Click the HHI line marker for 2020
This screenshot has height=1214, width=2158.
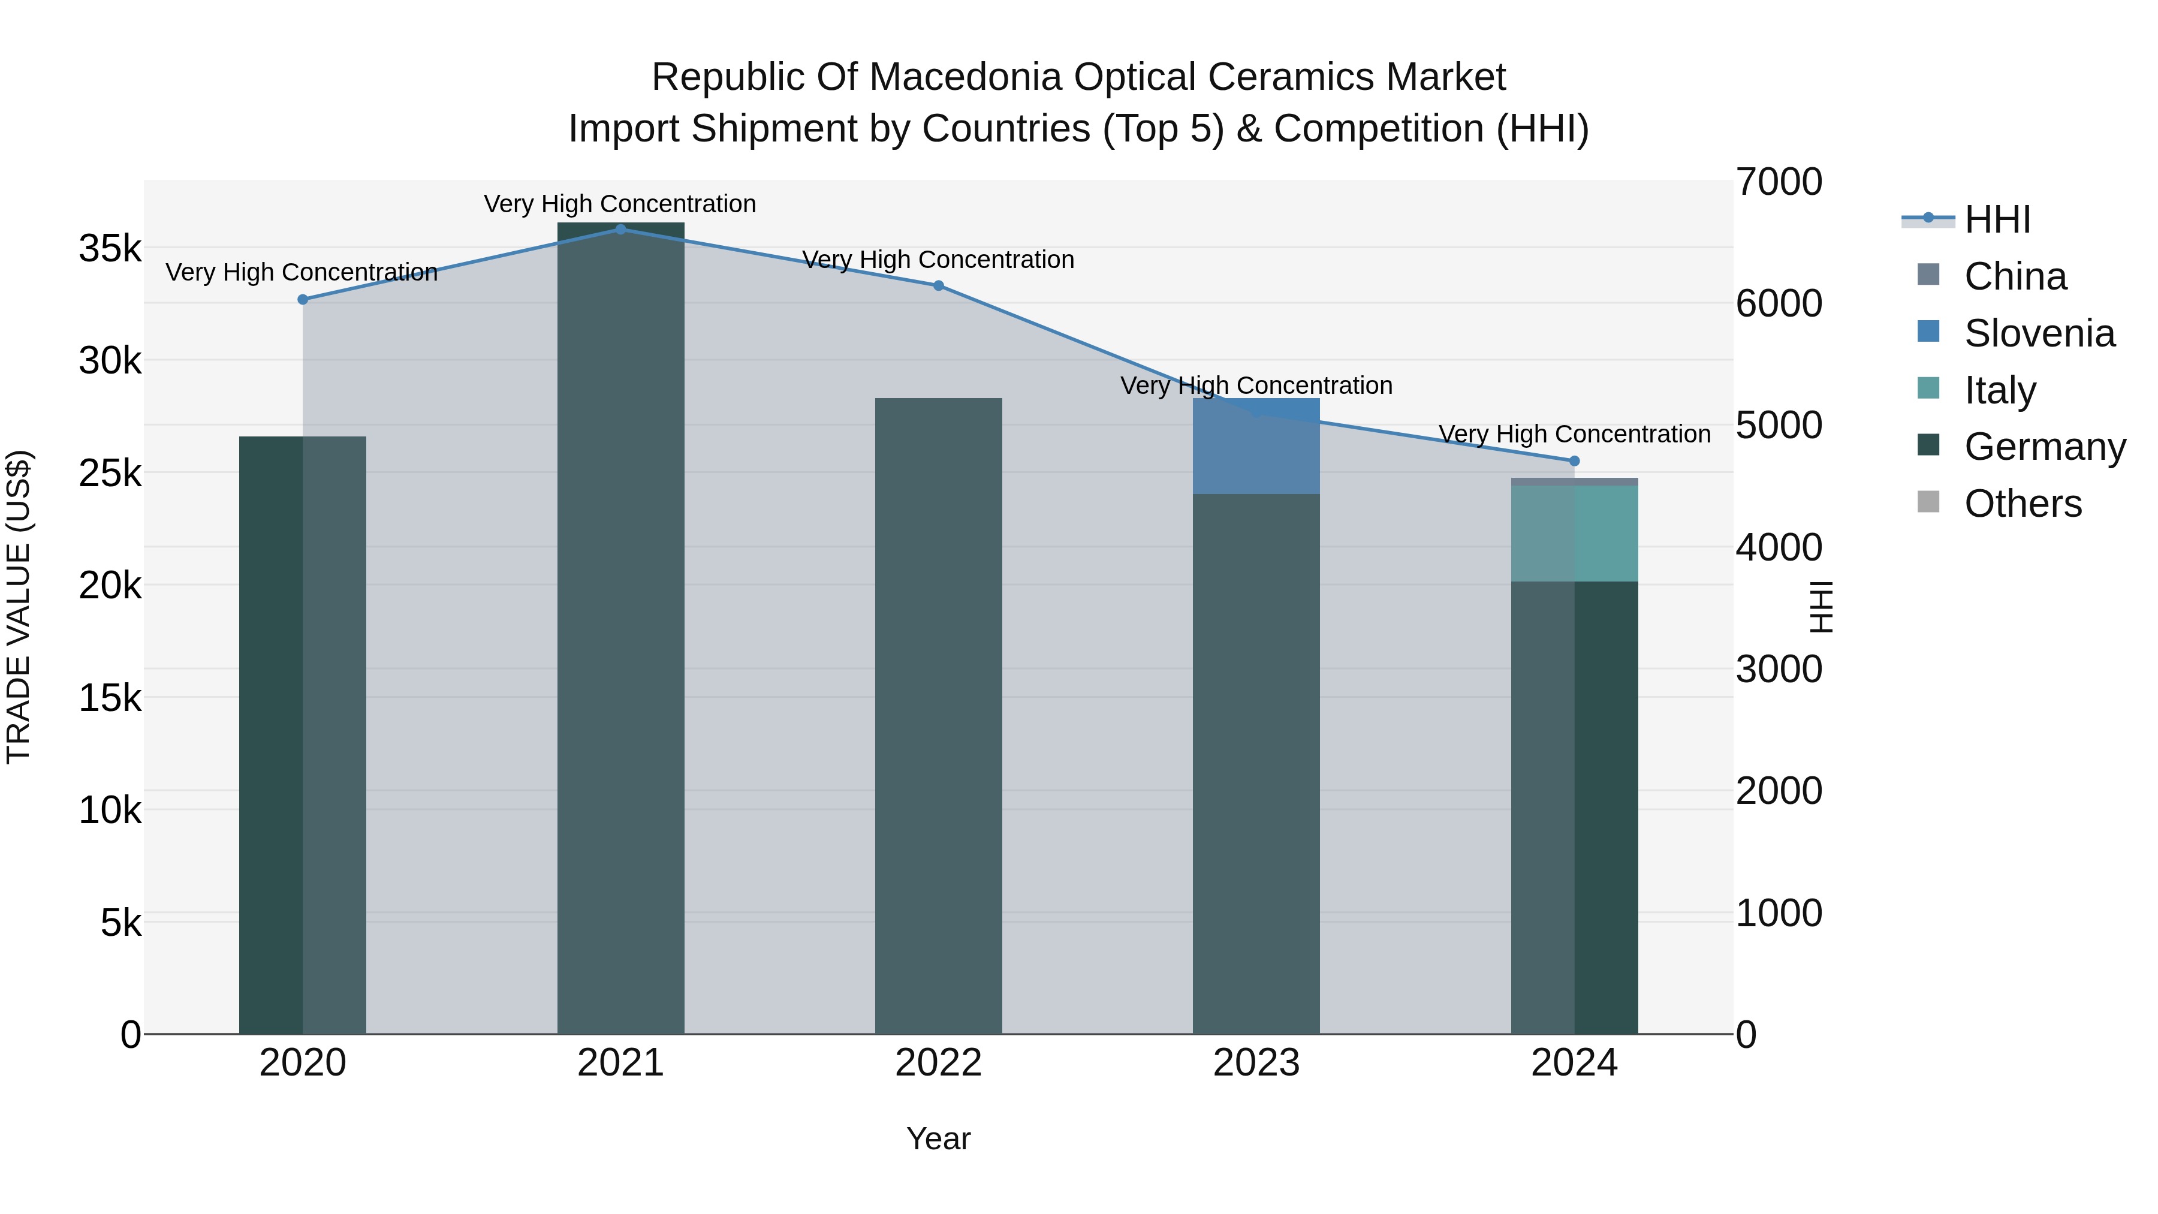[x=303, y=299]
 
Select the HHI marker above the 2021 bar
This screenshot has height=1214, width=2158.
[x=621, y=230]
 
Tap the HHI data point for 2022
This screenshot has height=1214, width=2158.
[x=938, y=286]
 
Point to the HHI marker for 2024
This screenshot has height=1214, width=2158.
[x=1574, y=461]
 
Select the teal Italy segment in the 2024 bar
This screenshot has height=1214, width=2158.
[x=1574, y=533]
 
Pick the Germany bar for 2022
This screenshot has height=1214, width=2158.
[x=938, y=716]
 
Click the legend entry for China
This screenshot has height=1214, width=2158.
[x=2014, y=276]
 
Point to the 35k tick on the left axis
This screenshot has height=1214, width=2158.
[x=110, y=249]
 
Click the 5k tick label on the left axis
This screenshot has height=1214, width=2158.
[x=120, y=923]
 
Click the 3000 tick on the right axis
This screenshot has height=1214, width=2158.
[x=1779, y=670]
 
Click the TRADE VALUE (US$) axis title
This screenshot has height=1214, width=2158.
[x=19, y=607]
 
